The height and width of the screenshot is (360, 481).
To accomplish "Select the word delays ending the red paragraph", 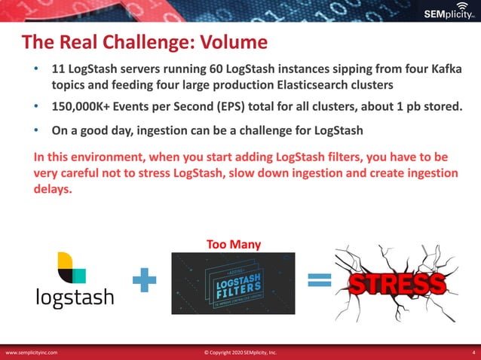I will pos(53,189).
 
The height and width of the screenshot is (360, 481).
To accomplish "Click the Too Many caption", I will pos(233,243).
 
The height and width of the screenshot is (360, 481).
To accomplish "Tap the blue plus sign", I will pos(143,282).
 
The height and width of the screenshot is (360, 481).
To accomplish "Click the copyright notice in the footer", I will pos(240,352).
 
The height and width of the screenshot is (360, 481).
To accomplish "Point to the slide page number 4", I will pos(472,352).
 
